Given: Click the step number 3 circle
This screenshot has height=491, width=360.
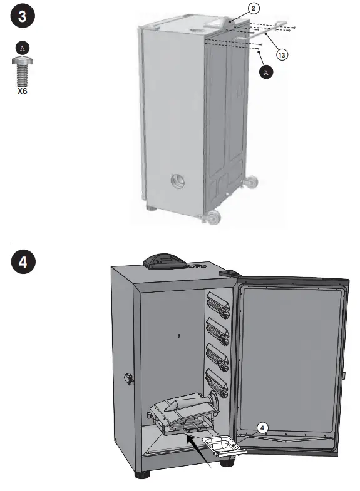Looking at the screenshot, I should [22, 17].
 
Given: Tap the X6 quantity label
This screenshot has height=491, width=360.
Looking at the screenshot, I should [23, 90].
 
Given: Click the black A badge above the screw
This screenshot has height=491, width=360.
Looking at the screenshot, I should [23, 48].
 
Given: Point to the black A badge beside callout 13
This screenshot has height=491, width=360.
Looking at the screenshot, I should [266, 73].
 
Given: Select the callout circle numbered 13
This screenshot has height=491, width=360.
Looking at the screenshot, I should [282, 56].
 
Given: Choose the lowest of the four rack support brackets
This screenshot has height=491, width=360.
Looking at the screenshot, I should [217, 379].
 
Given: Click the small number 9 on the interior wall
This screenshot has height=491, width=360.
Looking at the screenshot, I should [178, 336].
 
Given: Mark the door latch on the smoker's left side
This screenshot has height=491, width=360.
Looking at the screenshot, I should [129, 378].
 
